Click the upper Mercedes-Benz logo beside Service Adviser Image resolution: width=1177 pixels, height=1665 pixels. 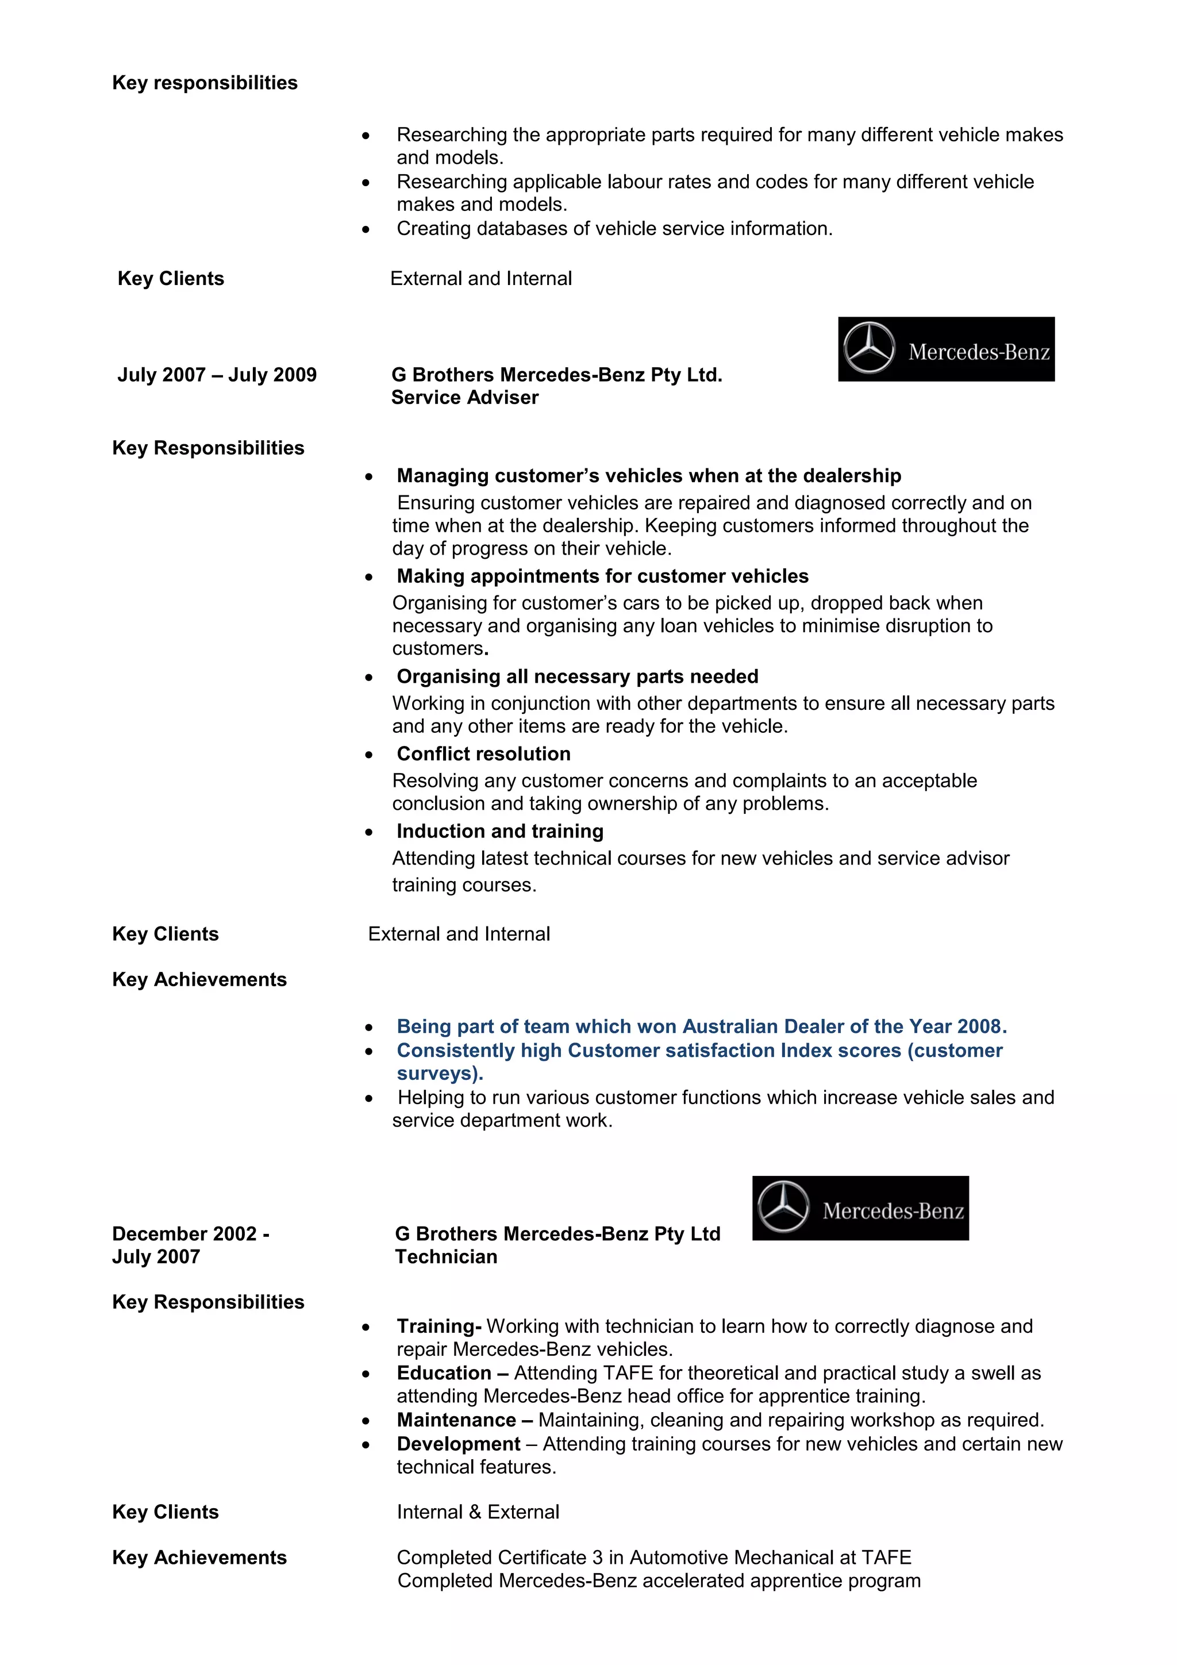pyautogui.click(x=945, y=349)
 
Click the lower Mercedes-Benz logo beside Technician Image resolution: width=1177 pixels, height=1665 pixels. pyautogui.click(x=860, y=1208)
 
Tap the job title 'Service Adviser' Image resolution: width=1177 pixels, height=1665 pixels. pyautogui.click(x=464, y=397)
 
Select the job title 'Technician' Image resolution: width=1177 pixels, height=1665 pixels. pyautogui.click(x=446, y=1257)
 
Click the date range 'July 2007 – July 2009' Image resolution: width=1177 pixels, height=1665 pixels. pyautogui.click(x=217, y=375)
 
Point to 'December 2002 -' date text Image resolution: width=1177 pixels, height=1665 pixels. pyautogui.click(x=191, y=1233)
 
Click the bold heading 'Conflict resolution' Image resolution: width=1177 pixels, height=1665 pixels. pyautogui.click(x=483, y=753)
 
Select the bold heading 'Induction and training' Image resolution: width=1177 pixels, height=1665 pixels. pyautogui.click(x=499, y=831)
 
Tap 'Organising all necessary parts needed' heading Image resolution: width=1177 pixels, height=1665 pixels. pyautogui.click(x=577, y=676)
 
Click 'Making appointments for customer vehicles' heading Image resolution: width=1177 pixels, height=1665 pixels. pyautogui.click(x=602, y=576)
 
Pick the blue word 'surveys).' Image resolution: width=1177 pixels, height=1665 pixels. pyautogui.click(x=440, y=1073)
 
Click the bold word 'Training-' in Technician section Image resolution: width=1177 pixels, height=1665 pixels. pyautogui.click(x=439, y=1326)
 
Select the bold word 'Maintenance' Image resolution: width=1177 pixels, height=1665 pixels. pyautogui.click(x=456, y=1420)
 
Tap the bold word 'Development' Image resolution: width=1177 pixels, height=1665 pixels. pyautogui.click(x=458, y=1444)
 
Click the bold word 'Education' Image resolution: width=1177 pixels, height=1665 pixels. pyautogui.click(x=444, y=1373)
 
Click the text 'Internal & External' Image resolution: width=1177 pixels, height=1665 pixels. pyautogui.click(x=478, y=1512)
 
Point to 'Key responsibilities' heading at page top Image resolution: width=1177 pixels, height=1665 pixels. pyautogui.click(x=205, y=83)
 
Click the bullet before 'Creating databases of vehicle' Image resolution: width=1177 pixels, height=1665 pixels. pyautogui.click(x=366, y=229)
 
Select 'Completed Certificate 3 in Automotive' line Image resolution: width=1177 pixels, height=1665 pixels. pyautogui.click(x=653, y=1558)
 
